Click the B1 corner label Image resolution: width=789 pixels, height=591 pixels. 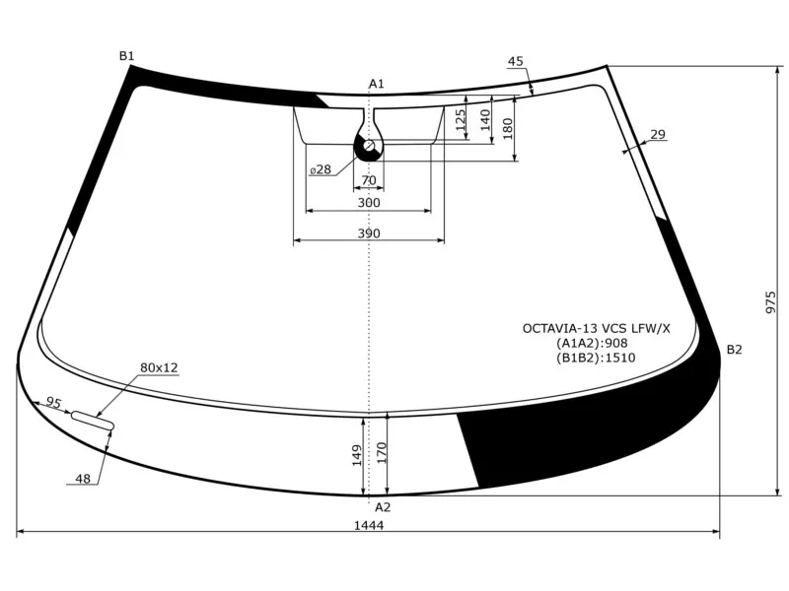point(126,56)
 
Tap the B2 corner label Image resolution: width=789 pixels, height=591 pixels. point(734,350)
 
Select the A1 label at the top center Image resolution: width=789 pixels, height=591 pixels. point(377,84)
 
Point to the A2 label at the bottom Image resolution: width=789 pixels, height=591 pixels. point(383,507)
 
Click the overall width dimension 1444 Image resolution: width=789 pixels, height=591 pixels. point(369,525)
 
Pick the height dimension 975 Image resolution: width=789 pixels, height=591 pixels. point(771,302)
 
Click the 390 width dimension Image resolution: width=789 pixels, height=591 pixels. point(369,233)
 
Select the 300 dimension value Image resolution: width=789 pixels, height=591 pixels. point(369,203)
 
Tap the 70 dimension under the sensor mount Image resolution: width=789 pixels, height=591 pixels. point(369,180)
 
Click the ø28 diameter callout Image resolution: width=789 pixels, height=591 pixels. point(321,169)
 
